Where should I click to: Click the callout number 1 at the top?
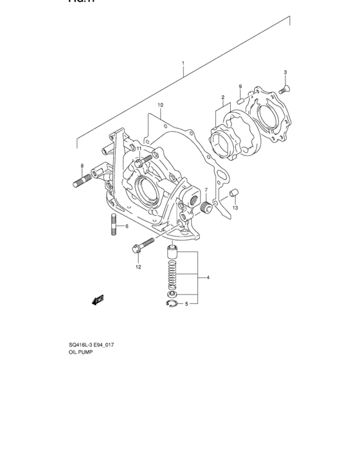click(x=183, y=64)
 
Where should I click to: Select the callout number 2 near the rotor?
click(x=223, y=98)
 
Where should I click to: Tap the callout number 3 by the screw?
click(x=285, y=72)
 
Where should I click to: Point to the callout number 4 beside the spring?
click(x=208, y=278)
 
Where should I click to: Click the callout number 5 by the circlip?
click(x=186, y=304)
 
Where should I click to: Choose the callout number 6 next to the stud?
click(x=127, y=226)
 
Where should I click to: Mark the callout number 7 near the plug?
click(x=206, y=190)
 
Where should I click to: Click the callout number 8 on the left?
click(x=82, y=166)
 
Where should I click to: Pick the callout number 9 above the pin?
click(x=240, y=87)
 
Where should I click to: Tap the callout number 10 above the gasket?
click(x=160, y=105)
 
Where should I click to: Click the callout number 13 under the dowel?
click(x=235, y=208)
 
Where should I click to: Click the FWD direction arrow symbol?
click(x=98, y=298)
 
